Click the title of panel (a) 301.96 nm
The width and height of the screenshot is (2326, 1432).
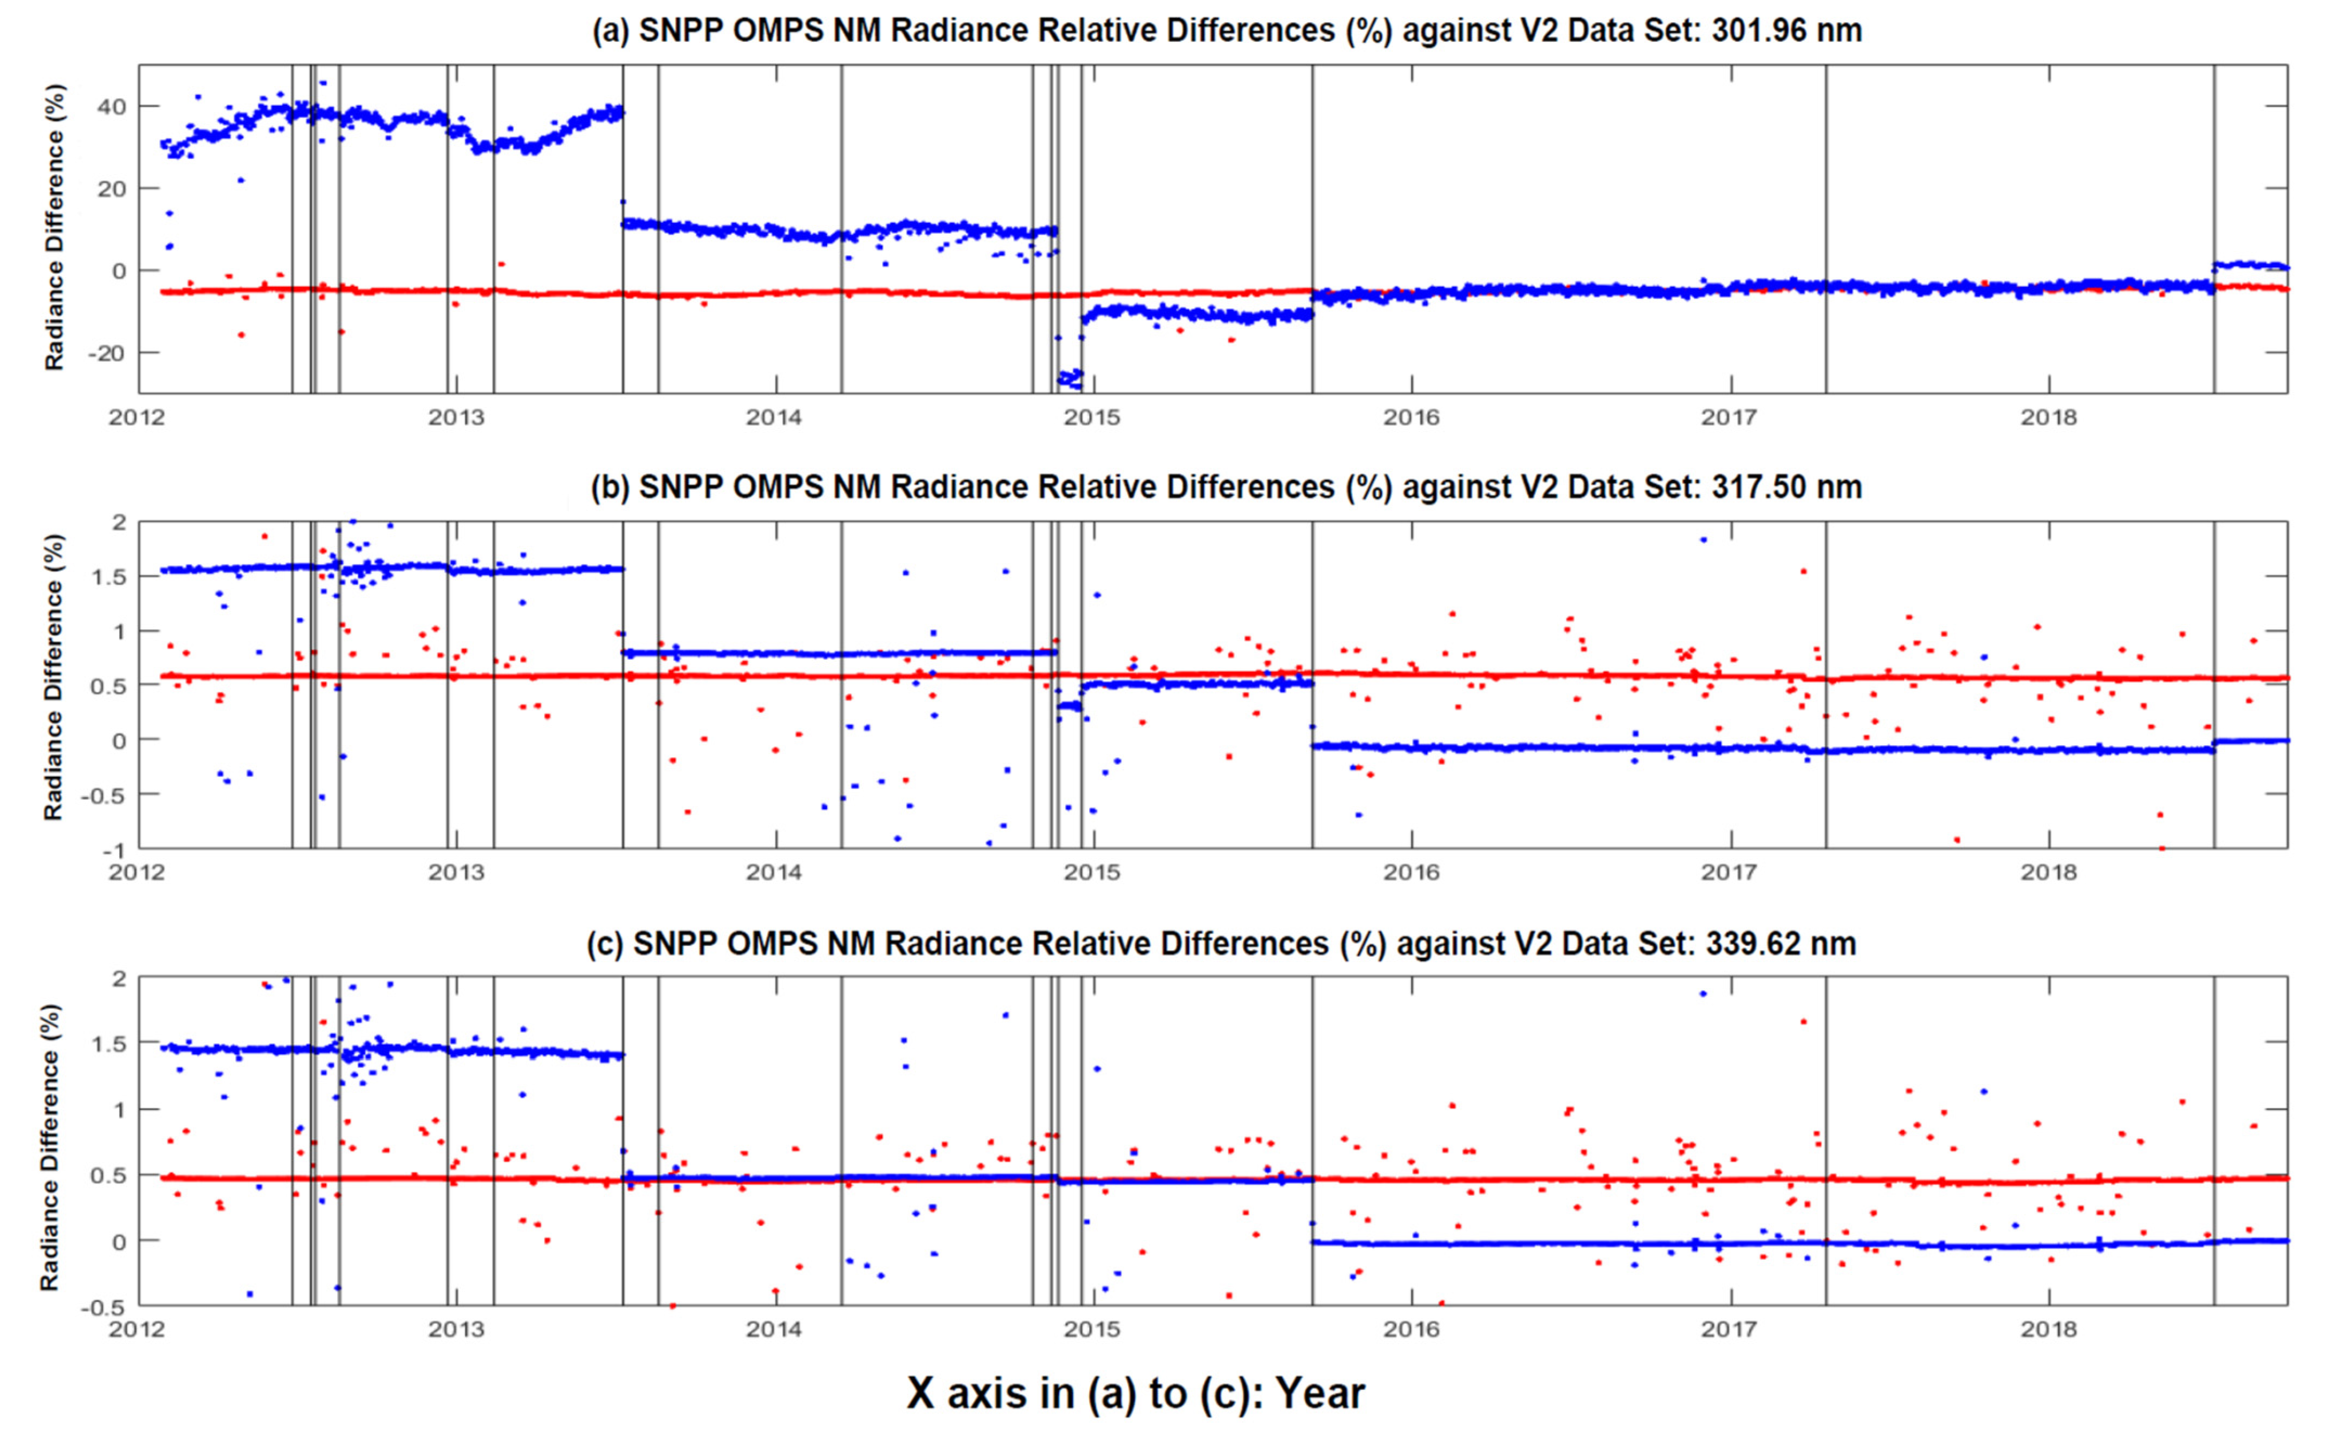[1226, 30]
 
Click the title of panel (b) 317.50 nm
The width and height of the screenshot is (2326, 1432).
[1226, 487]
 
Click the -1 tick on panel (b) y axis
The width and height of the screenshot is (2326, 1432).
[118, 849]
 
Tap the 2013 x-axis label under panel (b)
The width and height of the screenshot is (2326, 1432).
[455, 872]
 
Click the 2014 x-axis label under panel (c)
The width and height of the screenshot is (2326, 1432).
[774, 1330]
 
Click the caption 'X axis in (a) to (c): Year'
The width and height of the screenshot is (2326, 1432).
[1136, 1393]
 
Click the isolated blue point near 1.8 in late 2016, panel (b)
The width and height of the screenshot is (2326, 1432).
[1703, 540]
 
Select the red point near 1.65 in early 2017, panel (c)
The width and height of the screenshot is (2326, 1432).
[1804, 1022]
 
